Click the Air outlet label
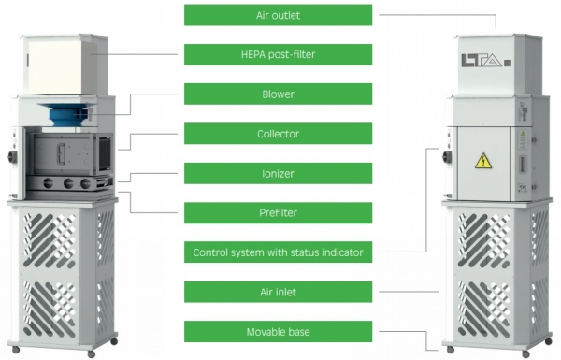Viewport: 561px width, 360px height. coord(278,15)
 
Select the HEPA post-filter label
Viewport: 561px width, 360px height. coord(278,54)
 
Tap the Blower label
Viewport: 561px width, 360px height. coord(278,94)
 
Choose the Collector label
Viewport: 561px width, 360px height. coord(278,134)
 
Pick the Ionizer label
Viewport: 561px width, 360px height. coord(278,174)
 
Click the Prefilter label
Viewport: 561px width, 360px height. coord(278,213)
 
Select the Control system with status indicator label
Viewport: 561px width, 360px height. coord(278,252)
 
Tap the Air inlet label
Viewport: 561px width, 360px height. coord(278,292)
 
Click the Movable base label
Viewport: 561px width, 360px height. coord(278,332)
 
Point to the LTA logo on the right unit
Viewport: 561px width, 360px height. coord(485,61)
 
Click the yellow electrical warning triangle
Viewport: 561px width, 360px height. coord(483,161)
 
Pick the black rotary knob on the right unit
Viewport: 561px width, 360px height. coord(447,156)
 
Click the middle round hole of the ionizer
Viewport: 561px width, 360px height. coord(68,183)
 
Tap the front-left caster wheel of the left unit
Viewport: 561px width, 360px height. coord(16,350)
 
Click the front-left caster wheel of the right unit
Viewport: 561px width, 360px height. coord(451,350)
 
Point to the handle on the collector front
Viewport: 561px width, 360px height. coord(61,154)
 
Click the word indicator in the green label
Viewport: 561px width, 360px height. coord(342,252)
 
